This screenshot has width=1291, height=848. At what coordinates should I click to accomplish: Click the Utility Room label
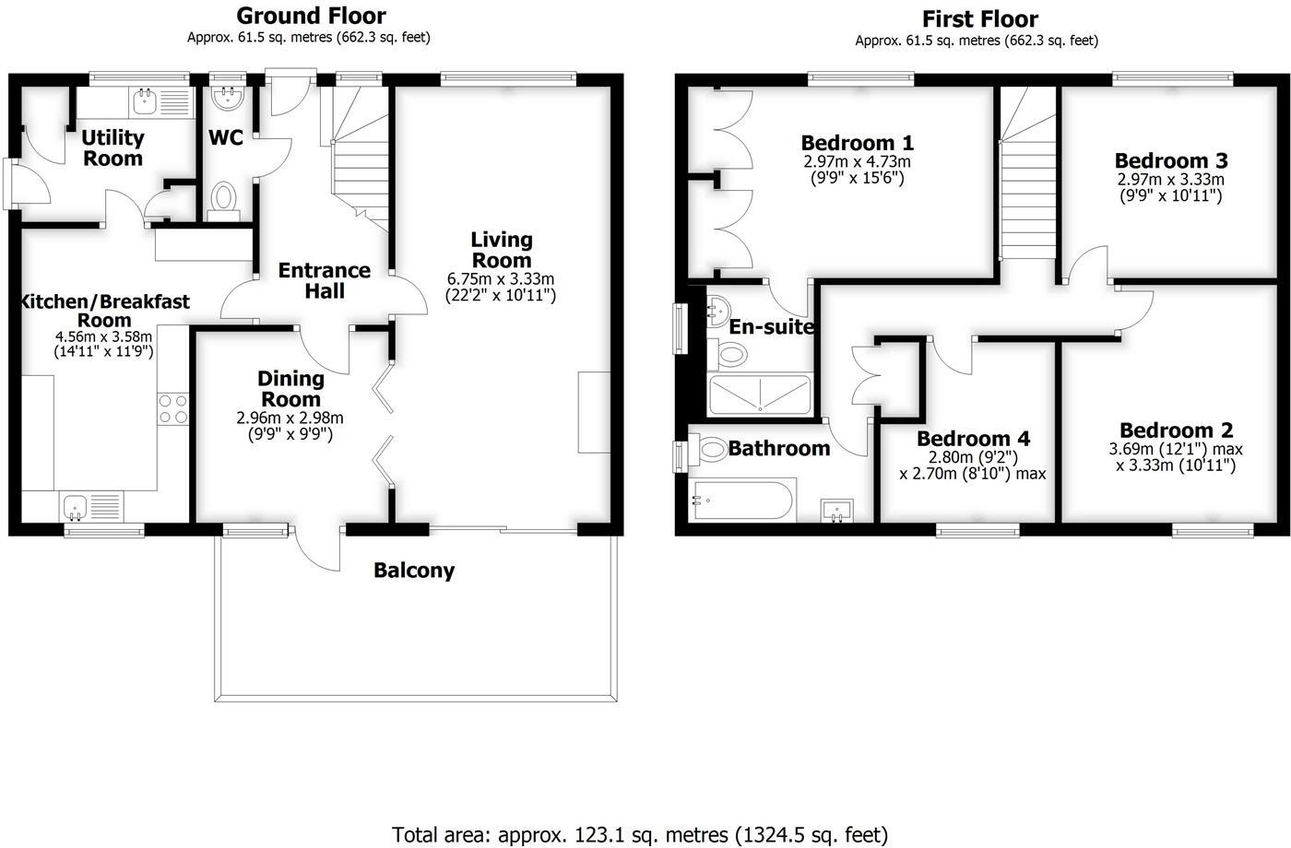tap(113, 147)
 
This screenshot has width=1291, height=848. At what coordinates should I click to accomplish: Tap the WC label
tap(226, 137)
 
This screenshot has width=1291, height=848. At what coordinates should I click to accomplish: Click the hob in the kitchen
tap(173, 408)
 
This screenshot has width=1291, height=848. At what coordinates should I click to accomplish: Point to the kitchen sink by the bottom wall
tap(75, 505)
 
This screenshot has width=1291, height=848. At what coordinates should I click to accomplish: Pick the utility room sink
tap(144, 101)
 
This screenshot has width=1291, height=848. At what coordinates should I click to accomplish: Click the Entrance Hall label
tap(325, 280)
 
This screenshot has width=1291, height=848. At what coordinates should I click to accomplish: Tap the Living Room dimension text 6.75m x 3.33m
tap(501, 279)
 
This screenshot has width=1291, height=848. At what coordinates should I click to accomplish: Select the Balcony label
tap(414, 571)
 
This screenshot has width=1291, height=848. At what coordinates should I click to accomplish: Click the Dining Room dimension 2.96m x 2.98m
tap(290, 418)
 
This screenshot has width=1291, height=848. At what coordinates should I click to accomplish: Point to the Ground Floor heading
tap(311, 16)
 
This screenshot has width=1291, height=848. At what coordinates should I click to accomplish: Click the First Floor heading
tap(979, 18)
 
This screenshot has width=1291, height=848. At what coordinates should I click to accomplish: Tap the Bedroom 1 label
tap(857, 143)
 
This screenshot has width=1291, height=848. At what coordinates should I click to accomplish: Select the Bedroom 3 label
tap(1171, 161)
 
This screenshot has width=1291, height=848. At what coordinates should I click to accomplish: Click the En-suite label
tap(772, 327)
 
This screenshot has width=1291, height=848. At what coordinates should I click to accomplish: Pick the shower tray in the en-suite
tap(760, 395)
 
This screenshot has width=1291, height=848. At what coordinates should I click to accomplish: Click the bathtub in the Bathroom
tap(741, 500)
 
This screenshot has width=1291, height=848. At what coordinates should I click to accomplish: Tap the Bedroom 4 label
tap(973, 439)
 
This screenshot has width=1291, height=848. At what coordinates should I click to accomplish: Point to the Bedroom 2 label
tap(1176, 430)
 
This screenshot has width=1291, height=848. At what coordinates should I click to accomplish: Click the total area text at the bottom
tap(640, 835)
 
